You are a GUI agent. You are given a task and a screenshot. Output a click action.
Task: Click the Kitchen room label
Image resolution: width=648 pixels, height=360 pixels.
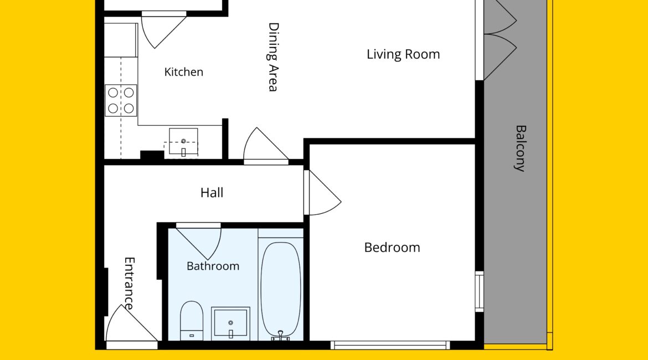(x=183, y=72)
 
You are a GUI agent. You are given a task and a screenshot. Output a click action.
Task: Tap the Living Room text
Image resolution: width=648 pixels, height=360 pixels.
(x=403, y=54)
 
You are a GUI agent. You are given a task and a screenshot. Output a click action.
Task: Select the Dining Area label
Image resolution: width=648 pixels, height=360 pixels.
(x=273, y=57)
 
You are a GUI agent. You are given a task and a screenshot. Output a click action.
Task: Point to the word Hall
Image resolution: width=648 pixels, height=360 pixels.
(x=212, y=193)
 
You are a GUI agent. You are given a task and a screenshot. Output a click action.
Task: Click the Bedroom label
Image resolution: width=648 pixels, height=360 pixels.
(x=392, y=247)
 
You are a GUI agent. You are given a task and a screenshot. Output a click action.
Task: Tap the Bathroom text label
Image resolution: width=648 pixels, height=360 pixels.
(x=213, y=266)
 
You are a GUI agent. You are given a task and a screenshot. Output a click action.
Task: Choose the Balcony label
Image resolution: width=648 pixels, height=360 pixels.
(x=520, y=148)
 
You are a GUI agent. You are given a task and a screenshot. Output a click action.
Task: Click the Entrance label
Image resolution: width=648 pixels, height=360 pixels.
(x=130, y=284)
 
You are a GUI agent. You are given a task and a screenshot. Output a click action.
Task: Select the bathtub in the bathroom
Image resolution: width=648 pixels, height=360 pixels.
(x=281, y=290)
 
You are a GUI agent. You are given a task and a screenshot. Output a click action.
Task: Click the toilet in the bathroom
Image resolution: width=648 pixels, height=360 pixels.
(x=191, y=321)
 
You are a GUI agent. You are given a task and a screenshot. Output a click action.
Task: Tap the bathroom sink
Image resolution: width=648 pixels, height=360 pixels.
(x=230, y=323)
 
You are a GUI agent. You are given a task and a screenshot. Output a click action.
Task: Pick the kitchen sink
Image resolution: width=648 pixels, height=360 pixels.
(x=183, y=142)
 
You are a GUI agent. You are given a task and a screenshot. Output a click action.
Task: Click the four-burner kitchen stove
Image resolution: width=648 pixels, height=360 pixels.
(x=121, y=100)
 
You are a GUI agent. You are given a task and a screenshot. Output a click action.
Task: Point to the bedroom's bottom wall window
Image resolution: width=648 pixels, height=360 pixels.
(x=390, y=345)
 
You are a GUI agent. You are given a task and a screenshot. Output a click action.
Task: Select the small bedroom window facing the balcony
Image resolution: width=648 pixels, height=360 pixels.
(x=480, y=292)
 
